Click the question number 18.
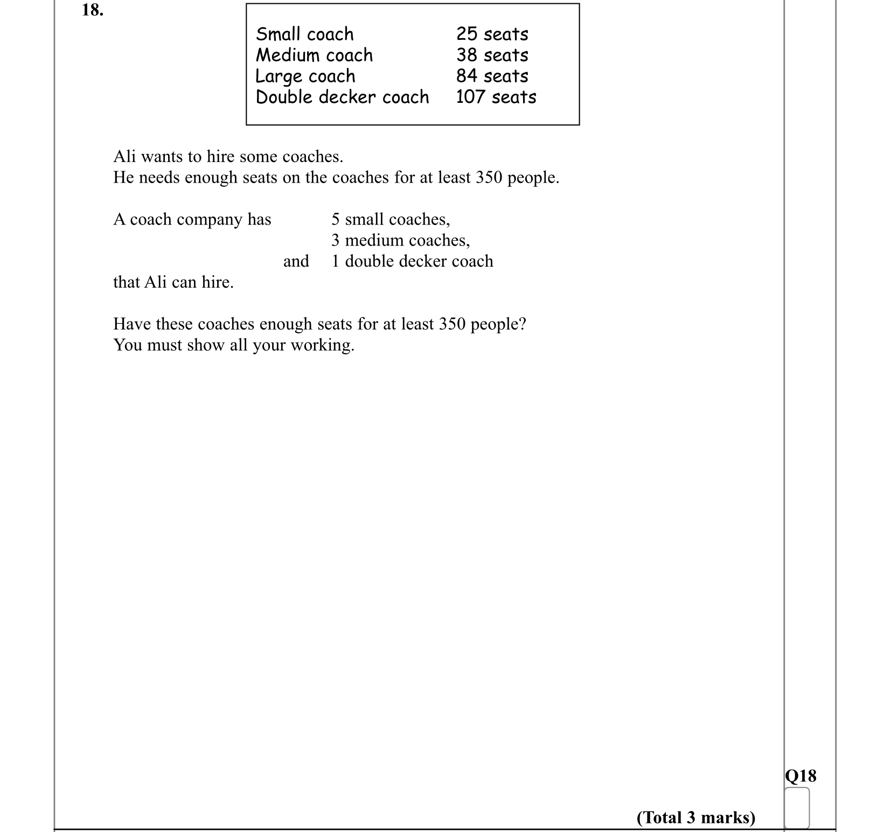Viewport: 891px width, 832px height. coord(92,10)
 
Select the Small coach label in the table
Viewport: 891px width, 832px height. coord(304,34)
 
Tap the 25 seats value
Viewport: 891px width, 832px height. coord(492,34)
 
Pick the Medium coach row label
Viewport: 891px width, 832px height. coord(314,55)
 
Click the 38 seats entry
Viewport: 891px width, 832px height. coord(492,55)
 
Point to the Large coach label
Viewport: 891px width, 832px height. coord(305,76)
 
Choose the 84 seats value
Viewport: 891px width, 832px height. coord(492,76)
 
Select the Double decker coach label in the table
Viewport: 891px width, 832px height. coord(342,97)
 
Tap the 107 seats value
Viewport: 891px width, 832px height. coord(496,97)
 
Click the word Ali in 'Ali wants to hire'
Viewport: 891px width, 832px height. coord(124,156)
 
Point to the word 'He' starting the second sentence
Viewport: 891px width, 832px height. coord(123,177)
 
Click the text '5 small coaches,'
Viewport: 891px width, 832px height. coord(391,219)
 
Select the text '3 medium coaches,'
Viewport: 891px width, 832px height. coord(400,240)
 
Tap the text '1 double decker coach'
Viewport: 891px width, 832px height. coord(412,261)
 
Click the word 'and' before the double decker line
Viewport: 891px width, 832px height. coord(296,261)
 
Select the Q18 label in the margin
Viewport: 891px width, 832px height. coord(800,775)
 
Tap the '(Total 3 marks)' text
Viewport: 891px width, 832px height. coord(695,817)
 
